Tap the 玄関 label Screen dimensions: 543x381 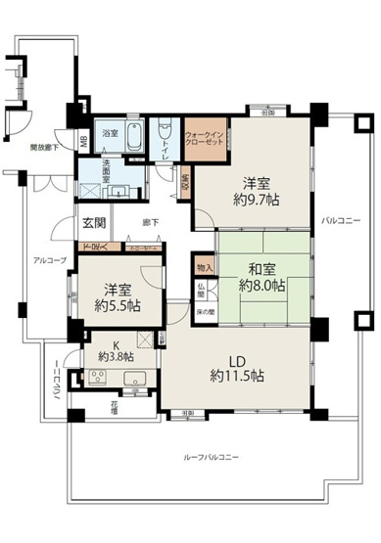[x=94, y=222]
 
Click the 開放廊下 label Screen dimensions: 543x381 [x=44, y=147]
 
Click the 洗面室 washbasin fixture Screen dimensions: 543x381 [x=99, y=191]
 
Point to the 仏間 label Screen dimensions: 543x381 [x=199, y=290]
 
